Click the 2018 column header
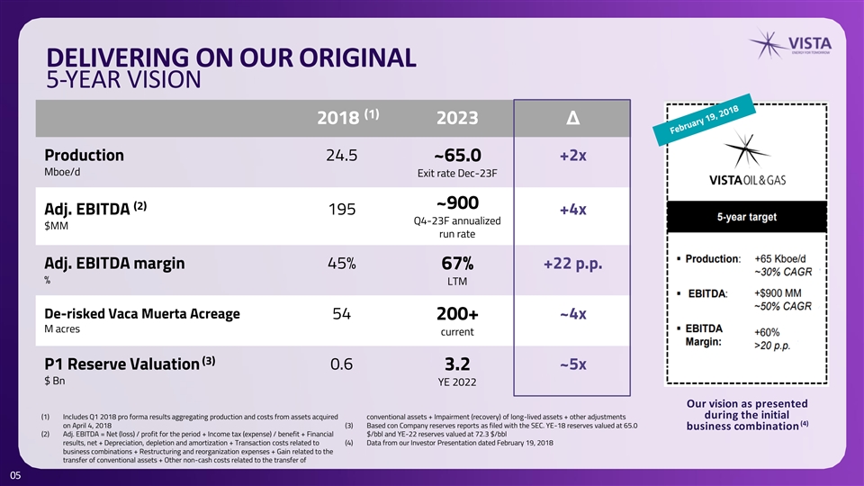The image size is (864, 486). [347, 117]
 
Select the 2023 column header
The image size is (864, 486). [457, 118]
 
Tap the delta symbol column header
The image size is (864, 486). [573, 118]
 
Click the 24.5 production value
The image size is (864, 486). [342, 156]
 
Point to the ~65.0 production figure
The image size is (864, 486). [457, 156]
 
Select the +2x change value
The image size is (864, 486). [573, 156]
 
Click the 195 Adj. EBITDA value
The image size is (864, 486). [342, 210]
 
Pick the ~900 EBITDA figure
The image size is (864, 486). [457, 202]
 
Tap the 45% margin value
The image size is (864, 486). [342, 264]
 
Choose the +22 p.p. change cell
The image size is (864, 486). [573, 264]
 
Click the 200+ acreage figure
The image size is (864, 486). [457, 313]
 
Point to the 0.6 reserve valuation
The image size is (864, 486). [342, 364]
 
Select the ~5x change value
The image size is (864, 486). [573, 364]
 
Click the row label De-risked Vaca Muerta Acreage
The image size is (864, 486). [142, 313]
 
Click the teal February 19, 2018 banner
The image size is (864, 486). [704, 120]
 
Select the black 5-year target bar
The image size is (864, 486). [747, 217]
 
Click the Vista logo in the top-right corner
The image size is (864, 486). [790, 44]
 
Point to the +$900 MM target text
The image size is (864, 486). [778, 293]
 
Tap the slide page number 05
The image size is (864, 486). [15, 475]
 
